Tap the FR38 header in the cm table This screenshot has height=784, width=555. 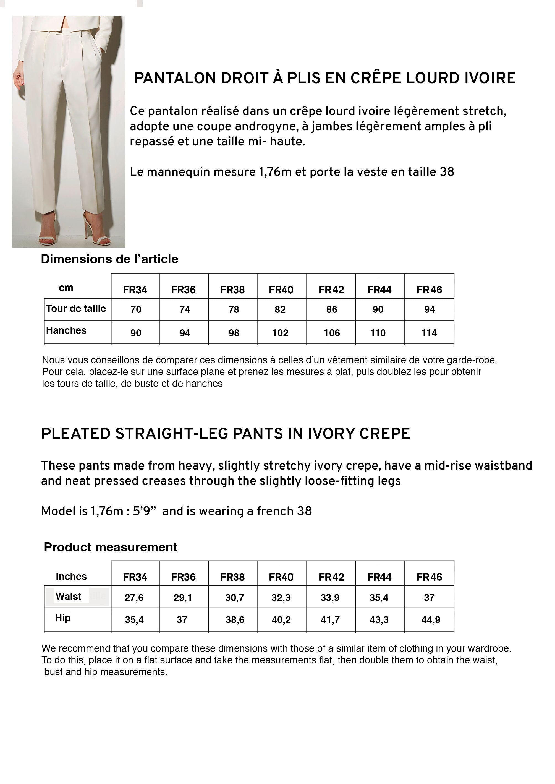pyautogui.click(x=232, y=290)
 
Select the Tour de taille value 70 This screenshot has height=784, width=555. pyautogui.click(x=136, y=309)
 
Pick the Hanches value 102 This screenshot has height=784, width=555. pyautogui.click(x=280, y=333)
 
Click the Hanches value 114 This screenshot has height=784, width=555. pyautogui.click(x=429, y=333)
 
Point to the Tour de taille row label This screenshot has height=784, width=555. pyautogui.click(x=76, y=309)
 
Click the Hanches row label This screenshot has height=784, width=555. pyautogui.click(x=66, y=331)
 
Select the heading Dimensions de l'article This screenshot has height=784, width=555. pyautogui.click(x=109, y=259)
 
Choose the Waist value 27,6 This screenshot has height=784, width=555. pyautogui.click(x=134, y=598)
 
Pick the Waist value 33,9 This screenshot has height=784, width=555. pyautogui.click(x=330, y=598)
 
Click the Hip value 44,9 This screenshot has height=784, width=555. pyautogui.click(x=431, y=619)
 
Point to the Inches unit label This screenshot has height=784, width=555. pyautogui.click(x=71, y=577)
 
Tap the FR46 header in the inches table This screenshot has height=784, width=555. pyautogui.click(x=429, y=577)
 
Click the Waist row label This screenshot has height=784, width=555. pyautogui.click(x=68, y=596)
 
